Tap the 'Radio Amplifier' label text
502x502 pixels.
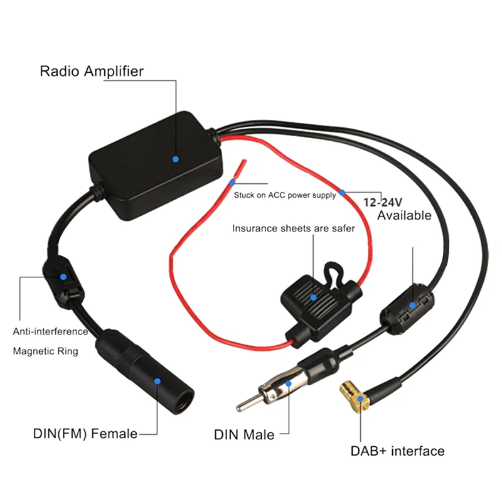[x=92, y=71]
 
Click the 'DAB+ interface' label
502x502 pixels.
[x=398, y=451]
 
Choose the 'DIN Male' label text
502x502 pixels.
[x=244, y=434]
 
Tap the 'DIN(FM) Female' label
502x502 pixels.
[x=85, y=433]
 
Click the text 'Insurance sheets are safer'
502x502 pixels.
[x=294, y=228]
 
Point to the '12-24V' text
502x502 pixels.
[x=387, y=202]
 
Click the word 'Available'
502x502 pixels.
[x=404, y=215]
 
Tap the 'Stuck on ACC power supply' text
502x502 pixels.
[x=285, y=195]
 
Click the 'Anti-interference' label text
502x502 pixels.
[x=51, y=331]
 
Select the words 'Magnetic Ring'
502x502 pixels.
[x=46, y=351]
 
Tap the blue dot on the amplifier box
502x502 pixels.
[x=176, y=159]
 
